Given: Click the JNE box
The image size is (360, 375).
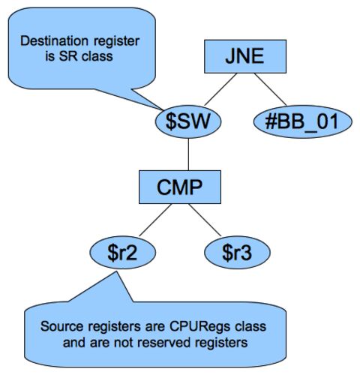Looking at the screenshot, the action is [x=245, y=56].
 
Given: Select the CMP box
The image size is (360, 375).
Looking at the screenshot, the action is [x=180, y=187].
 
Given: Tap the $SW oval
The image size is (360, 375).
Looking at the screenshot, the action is [x=188, y=121].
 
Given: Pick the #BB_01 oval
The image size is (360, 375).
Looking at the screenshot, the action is [x=303, y=121].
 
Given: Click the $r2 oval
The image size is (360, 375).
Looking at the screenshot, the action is [x=123, y=253].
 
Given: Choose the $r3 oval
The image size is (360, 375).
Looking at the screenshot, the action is [x=237, y=253].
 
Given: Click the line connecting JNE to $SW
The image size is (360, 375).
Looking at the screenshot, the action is [x=220, y=89].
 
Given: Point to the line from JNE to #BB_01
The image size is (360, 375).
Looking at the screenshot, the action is [x=270, y=89].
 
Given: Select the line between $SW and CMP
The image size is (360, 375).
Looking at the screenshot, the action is [x=188, y=154].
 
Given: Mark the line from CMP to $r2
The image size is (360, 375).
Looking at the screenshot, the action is [x=155, y=220].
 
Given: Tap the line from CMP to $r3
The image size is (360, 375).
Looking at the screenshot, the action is [x=205, y=220].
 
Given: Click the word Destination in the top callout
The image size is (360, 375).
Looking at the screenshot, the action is [x=54, y=40].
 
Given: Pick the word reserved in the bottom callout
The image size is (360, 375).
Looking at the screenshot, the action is [x=160, y=342].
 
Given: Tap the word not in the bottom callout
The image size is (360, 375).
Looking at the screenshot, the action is [x=124, y=342].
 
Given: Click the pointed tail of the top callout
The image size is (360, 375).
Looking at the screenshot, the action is [x=163, y=109].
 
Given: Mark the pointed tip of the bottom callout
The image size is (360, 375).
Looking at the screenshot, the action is [x=115, y=272].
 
